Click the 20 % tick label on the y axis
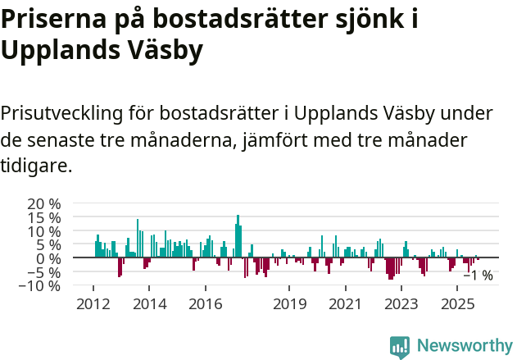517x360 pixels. (43, 203)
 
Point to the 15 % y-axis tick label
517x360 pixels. (43, 217)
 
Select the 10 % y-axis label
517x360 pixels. (43, 231)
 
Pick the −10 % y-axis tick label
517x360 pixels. (39, 286)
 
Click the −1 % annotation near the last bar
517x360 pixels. (478, 276)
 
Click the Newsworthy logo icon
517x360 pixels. (400, 347)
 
